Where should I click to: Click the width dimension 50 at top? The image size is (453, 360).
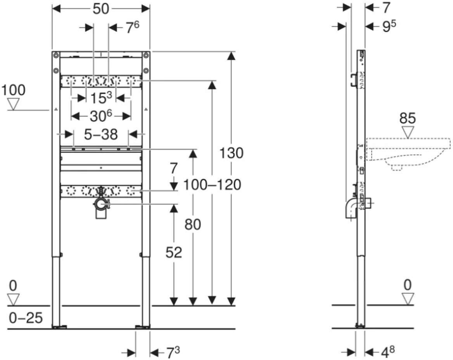coord(101,9)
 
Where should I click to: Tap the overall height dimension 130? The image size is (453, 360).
coord(232,152)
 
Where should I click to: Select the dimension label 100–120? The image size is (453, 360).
coord(212,185)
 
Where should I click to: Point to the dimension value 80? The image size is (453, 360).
coord(193,224)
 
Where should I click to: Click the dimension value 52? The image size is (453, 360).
coord(174,252)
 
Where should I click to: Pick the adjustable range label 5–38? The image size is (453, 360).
coord(101,134)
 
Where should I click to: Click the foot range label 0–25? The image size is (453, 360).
coord(26,318)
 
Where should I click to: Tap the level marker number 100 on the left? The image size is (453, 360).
coord(13,90)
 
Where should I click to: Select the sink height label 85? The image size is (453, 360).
coord(408,118)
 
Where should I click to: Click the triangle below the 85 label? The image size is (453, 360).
coord(408,132)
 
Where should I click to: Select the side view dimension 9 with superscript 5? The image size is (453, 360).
coord(389,26)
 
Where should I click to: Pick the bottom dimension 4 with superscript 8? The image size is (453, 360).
coord(388,351)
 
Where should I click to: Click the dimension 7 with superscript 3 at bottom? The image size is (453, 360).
coord(173,352)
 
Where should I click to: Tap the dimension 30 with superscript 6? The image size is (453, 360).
coord(100,116)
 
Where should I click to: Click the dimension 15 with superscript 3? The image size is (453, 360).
coord(101,98)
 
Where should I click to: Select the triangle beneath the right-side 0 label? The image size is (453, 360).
coord(408,299)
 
